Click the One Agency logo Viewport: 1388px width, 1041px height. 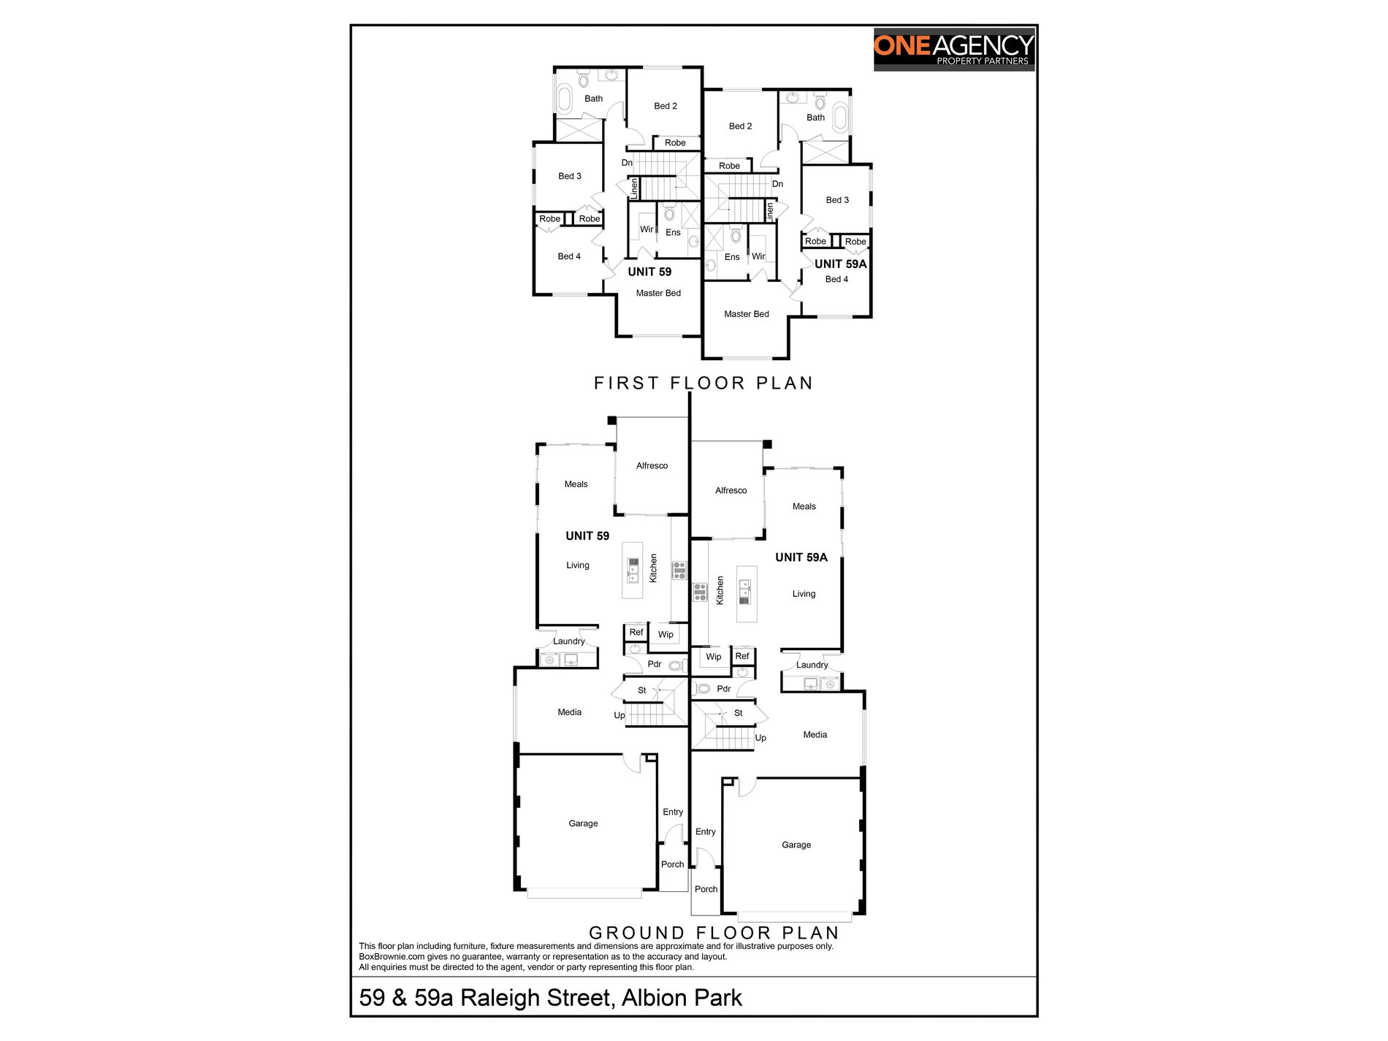953,50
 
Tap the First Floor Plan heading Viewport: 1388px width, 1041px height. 703,383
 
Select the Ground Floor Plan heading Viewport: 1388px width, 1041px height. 714,933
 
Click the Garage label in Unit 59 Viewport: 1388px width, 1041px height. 583,823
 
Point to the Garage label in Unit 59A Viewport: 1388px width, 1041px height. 796,845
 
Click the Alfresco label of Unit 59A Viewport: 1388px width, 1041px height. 731,491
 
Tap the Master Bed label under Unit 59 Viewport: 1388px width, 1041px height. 658,294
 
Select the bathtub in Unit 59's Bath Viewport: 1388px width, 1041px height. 565,99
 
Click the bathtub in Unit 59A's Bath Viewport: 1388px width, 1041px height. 842,118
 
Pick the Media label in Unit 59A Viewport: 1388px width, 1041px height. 815,735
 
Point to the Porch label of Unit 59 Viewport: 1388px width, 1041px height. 672,865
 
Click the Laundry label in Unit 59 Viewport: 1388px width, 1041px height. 568,641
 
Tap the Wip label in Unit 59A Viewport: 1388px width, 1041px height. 713,657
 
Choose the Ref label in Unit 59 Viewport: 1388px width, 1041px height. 636,633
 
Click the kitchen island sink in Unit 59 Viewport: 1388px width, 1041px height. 633,571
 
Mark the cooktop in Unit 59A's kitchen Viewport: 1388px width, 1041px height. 700,592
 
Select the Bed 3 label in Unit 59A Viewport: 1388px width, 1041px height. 837,200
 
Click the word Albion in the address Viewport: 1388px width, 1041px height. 652,998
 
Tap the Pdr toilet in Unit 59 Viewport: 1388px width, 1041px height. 676,666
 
